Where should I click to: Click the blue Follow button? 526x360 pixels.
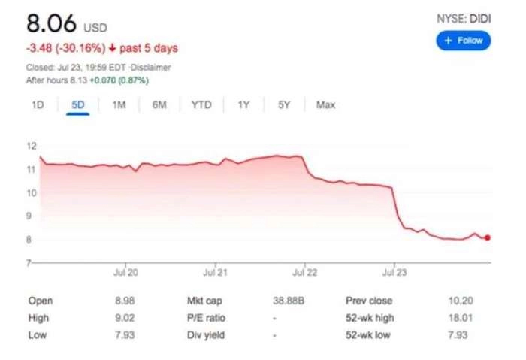click(x=463, y=41)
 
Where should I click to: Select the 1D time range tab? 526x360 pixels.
click(x=38, y=105)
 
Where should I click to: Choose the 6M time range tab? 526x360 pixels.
click(x=159, y=105)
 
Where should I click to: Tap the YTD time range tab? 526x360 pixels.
click(x=201, y=105)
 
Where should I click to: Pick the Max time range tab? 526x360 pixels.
click(x=325, y=105)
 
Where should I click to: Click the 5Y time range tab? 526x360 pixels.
click(x=283, y=105)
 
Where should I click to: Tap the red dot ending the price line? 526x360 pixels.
click(x=488, y=237)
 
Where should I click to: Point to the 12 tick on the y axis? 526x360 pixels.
click(x=32, y=146)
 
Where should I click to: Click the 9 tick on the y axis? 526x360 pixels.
click(x=32, y=216)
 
